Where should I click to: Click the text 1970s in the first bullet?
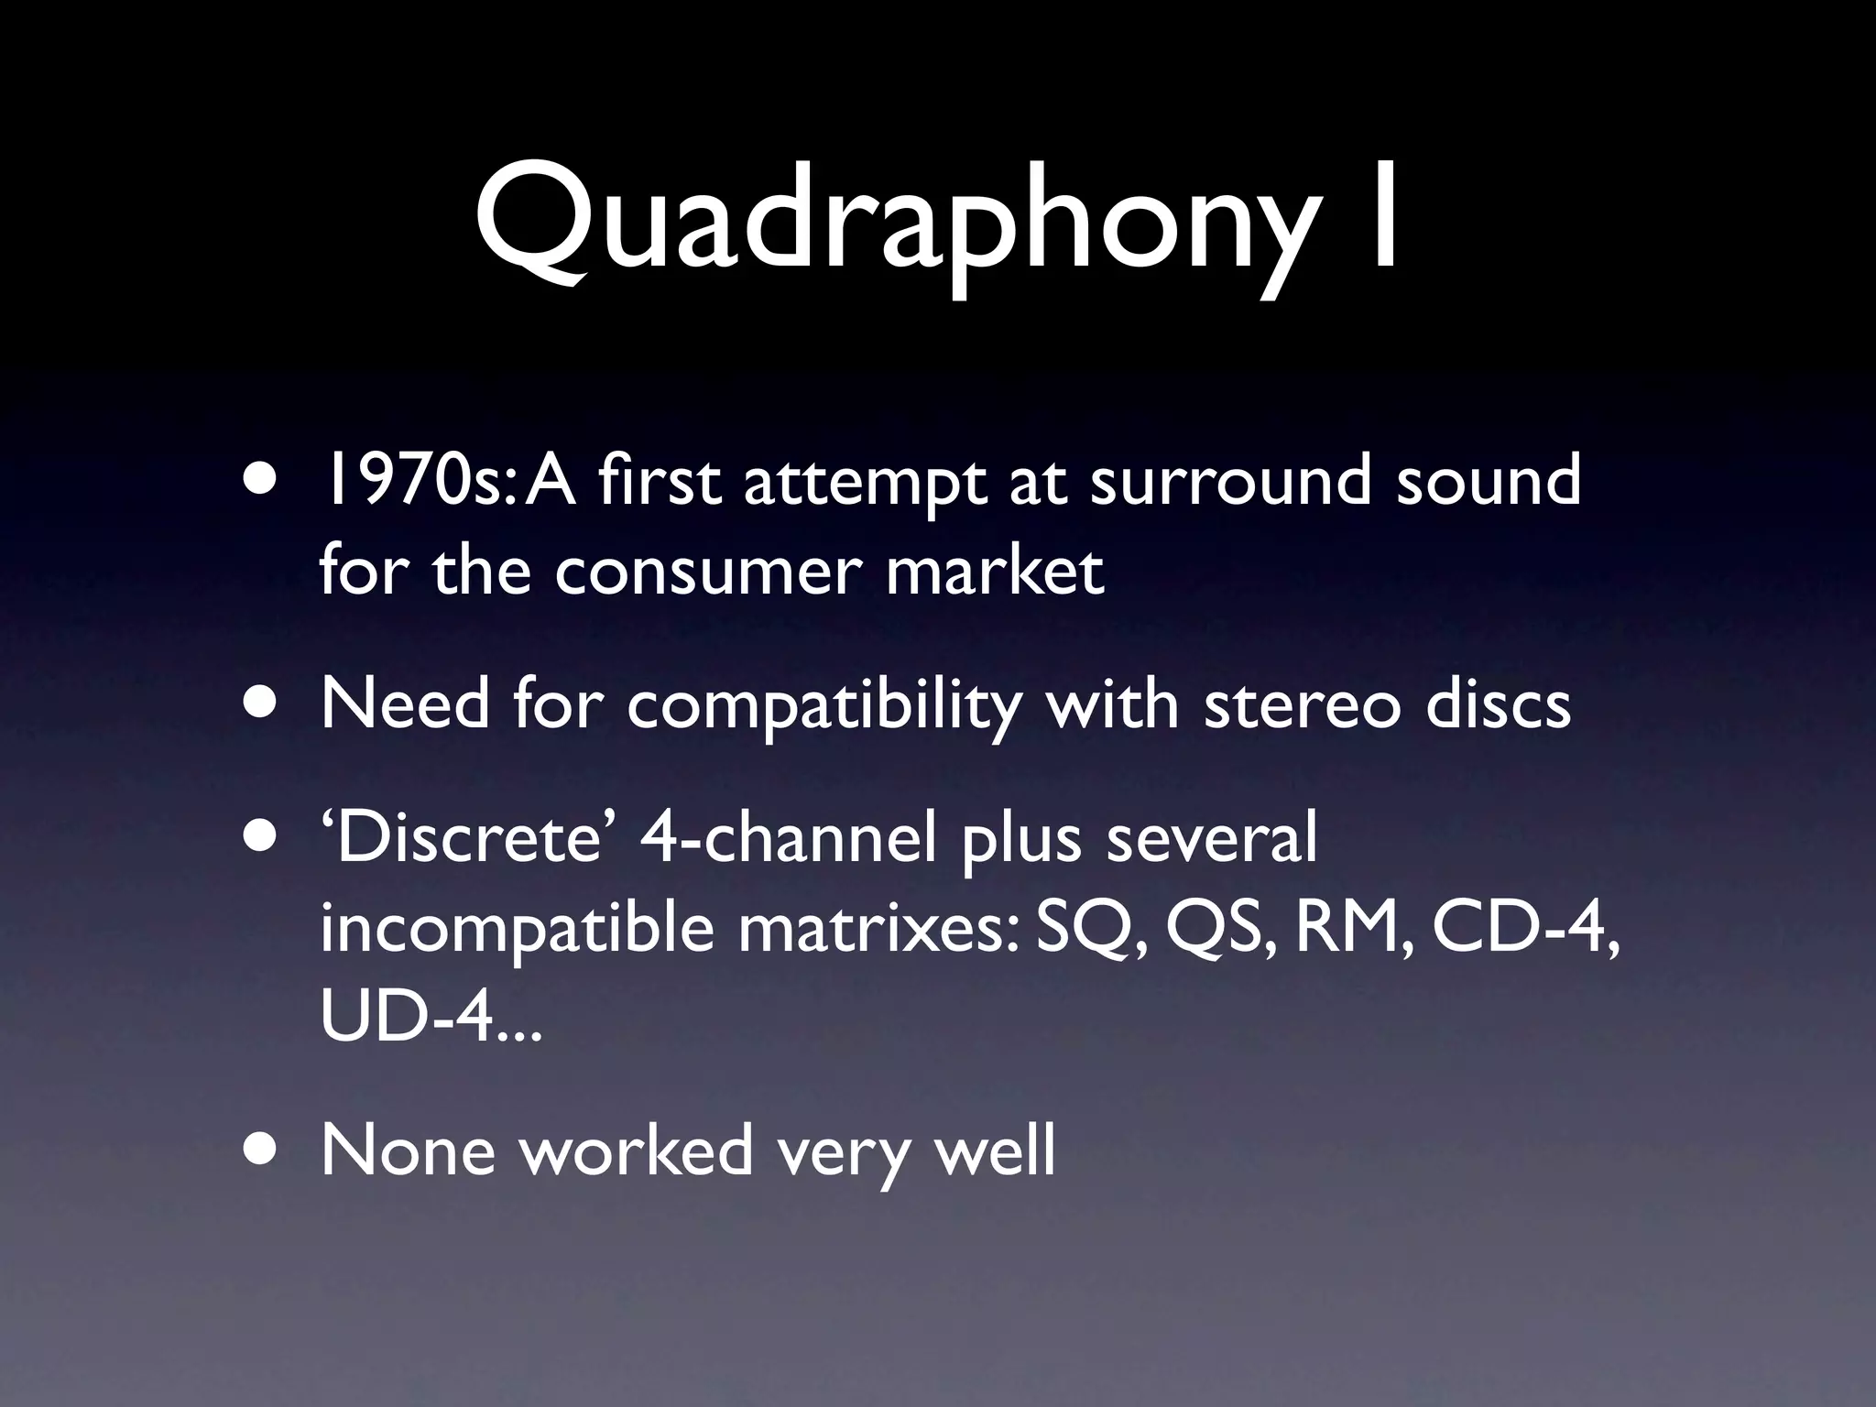pyautogui.click(x=412, y=481)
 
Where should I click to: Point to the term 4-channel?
pyautogui.click(x=788, y=838)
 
